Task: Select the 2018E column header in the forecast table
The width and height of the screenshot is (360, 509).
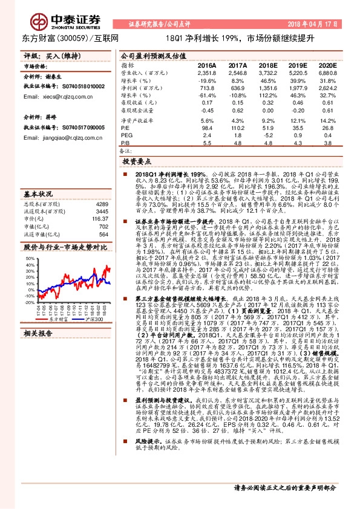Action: [x=268, y=65]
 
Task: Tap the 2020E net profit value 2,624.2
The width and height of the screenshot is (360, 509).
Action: [x=328, y=88]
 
